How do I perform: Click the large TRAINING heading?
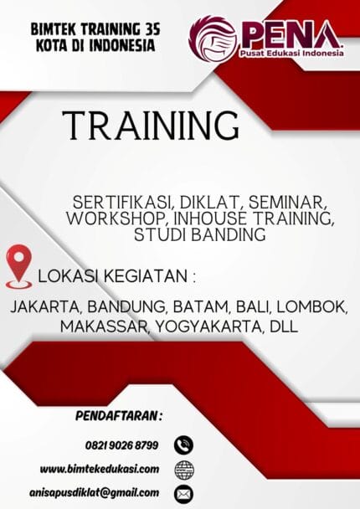click(150, 125)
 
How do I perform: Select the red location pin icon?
click(19, 264)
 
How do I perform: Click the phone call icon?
click(184, 445)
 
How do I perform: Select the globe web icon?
click(184, 468)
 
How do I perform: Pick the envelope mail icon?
click(184, 492)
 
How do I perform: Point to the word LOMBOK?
click(317, 307)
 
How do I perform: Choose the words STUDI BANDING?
click(199, 234)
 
